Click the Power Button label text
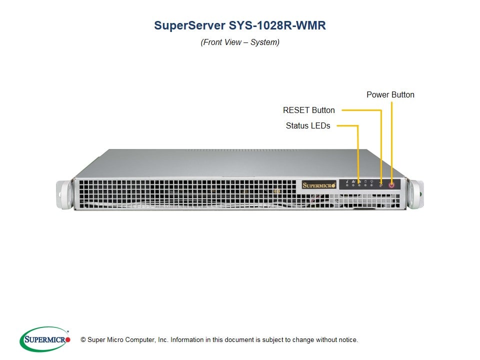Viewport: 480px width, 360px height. (390, 94)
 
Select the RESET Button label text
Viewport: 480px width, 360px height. (308, 110)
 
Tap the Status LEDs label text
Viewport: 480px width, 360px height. (308, 126)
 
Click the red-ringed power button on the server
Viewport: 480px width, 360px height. (391, 184)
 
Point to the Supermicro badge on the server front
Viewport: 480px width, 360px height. (318, 184)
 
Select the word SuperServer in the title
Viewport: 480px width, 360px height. (189, 25)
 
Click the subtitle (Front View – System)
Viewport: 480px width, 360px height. (240, 42)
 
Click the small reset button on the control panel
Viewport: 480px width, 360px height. (381, 185)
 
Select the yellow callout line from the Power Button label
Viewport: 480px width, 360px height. (391, 140)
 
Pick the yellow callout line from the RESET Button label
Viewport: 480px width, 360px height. (381, 145)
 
